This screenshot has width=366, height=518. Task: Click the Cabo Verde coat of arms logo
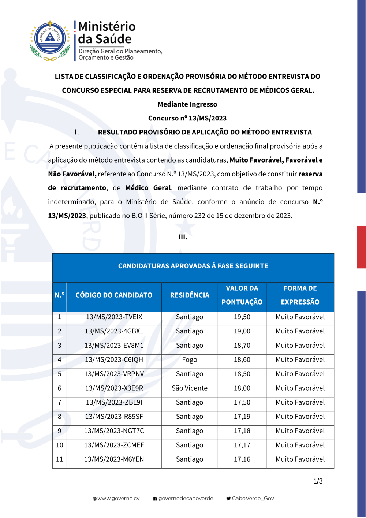[50, 40]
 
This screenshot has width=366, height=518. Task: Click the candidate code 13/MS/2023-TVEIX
[114, 317]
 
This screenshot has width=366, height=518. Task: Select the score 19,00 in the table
[242, 331]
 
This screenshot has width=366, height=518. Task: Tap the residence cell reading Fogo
[190, 360]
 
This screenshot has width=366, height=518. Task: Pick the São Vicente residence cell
[190, 388]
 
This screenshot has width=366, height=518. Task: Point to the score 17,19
[242, 417]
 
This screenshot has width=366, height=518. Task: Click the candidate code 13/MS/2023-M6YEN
[114, 459]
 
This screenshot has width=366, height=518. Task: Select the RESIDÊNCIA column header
[190, 295]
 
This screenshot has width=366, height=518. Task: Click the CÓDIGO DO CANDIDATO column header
[114, 295]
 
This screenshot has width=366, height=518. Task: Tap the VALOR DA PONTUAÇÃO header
[242, 295]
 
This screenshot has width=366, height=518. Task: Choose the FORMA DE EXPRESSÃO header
[300, 295]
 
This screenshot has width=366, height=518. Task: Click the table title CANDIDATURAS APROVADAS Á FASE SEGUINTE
[193, 266]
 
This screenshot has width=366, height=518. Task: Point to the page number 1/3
[318, 481]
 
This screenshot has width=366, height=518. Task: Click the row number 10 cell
[60, 445]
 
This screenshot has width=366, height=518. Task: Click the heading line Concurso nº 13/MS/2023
[187, 118]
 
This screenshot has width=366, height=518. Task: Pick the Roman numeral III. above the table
[183, 237]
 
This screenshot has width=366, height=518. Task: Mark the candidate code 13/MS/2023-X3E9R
[114, 388]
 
